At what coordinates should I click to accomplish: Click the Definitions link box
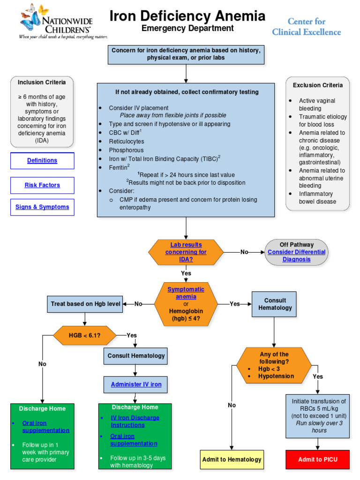pyautogui.click(x=42, y=161)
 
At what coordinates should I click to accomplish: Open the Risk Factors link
pyautogui.click(x=42, y=185)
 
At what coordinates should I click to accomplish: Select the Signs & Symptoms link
pyautogui.click(x=42, y=207)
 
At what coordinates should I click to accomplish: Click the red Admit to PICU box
pyautogui.click(x=318, y=459)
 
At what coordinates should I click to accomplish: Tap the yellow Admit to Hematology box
pyautogui.click(x=232, y=459)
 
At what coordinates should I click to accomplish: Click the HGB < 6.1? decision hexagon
pyautogui.click(x=84, y=335)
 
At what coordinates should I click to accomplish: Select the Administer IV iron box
pyautogui.click(x=136, y=384)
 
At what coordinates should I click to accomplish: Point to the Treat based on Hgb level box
pyautogui.click(x=85, y=304)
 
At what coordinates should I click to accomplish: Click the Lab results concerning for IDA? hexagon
pyautogui.click(x=186, y=252)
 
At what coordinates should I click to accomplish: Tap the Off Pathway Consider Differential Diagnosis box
pyautogui.click(x=296, y=252)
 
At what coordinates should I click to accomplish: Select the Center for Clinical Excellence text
pyautogui.click(x=313, y=27)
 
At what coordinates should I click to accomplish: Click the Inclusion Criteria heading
pyautogui.click(x=42, y=82)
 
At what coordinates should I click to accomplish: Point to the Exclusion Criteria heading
pyautogui.click(x=317, y=85)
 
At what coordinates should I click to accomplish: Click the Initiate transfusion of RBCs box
pyautogui.click(x=318, y=416)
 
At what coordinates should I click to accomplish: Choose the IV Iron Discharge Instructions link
pyautogui.click(x=135, y=421)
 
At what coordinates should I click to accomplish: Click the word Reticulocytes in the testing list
pyautogui.click(x=127, y=142)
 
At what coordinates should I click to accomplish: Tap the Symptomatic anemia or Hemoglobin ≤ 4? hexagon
pyautogui.click(x=186, y=304)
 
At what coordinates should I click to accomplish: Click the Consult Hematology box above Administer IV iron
pyautogui.click(x=136, y=356)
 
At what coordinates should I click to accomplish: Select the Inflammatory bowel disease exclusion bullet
pyautogui.click(x=317, y=197)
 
